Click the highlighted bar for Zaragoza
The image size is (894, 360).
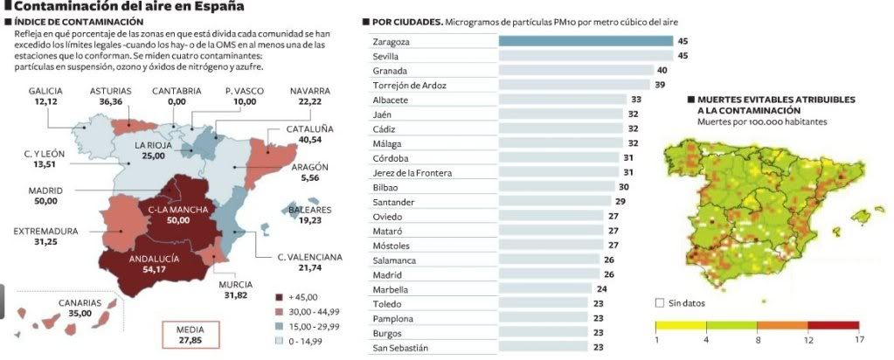pyautogui.click(x=586, y=41)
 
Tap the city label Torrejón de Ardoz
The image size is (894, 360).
pyautogui.click(x=409, y=85)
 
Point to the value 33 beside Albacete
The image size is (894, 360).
pyautogui.click(x=636, y=100)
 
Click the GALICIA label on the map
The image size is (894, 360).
pyautogui.click(x=45, y=90)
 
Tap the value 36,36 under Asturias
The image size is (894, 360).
pyautogui.click(x=111, y=101)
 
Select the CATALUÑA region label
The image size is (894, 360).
pyautogui.click(x=310, y=128)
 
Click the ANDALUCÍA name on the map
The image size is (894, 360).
pyautogui.click(x=155, y=259)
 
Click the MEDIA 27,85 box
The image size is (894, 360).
pyautogui.click(x=191, y=335)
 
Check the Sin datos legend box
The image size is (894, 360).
pyautogui.click(x=659, y=303)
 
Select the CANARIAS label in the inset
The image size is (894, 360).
pyautogui.click(x=80, y=302)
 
